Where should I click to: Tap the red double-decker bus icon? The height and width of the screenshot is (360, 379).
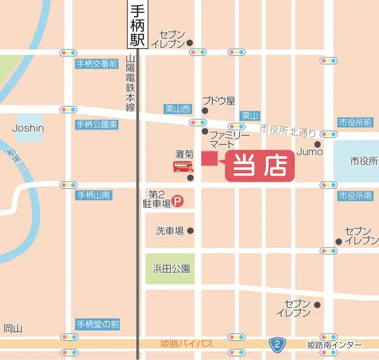point(183,167)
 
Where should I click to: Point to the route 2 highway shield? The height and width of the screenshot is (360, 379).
point(276,345)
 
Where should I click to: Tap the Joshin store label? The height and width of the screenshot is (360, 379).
point(28,128)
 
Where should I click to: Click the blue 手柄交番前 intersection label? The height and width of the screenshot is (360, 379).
point(97,64)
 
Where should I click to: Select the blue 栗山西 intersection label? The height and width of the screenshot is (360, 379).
point(178,109)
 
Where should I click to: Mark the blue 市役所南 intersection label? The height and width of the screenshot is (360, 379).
point(355,196)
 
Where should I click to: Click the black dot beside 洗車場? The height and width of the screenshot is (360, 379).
point(191,231)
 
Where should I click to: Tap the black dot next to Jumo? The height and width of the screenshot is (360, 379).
point(318,144)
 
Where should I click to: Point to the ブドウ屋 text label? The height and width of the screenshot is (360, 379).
point(218,101)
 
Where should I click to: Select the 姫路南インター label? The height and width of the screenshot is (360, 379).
point(334,345)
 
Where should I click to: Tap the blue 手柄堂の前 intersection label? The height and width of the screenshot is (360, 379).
point(98,323)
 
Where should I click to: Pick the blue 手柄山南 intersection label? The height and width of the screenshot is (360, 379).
point(94,195)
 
